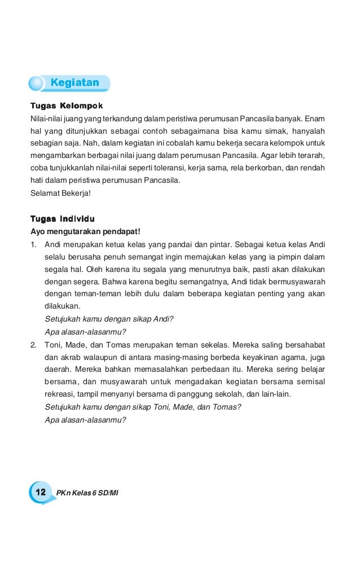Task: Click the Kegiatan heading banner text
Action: click(x=74, y=83)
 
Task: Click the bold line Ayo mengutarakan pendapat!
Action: click(x=81, y=231)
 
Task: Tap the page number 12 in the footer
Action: click(x=40, y=492)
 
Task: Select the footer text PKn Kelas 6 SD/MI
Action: click(x=87, y=493)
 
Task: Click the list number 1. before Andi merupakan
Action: click(x=34, y=244)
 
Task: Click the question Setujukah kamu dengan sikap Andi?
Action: click(x=108, y=319)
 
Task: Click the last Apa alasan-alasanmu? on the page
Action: click(x=85, y=420)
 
